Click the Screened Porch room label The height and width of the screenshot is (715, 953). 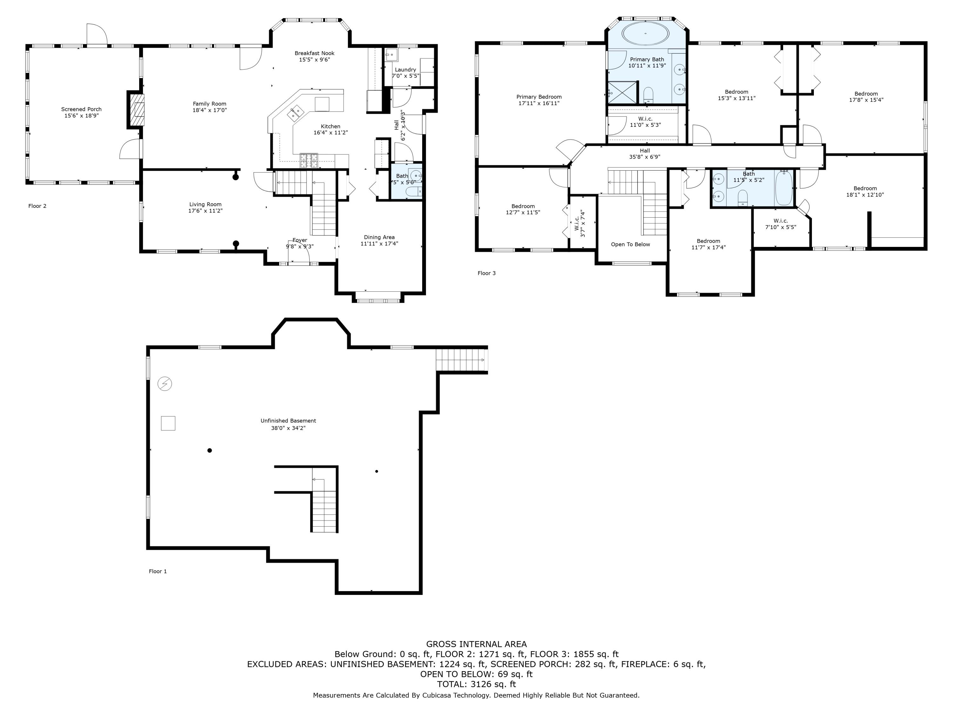81,109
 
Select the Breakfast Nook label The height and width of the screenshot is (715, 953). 314,53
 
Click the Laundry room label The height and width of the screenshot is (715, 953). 405,70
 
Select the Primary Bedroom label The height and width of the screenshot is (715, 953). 539,97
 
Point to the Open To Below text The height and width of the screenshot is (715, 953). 630,244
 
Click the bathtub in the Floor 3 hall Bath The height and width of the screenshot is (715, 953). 784,187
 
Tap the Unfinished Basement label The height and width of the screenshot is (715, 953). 288,421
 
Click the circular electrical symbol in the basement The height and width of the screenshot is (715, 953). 165,384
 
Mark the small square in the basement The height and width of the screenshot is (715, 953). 168,423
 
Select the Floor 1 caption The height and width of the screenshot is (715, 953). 158,571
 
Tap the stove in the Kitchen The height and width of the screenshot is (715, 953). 309,160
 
